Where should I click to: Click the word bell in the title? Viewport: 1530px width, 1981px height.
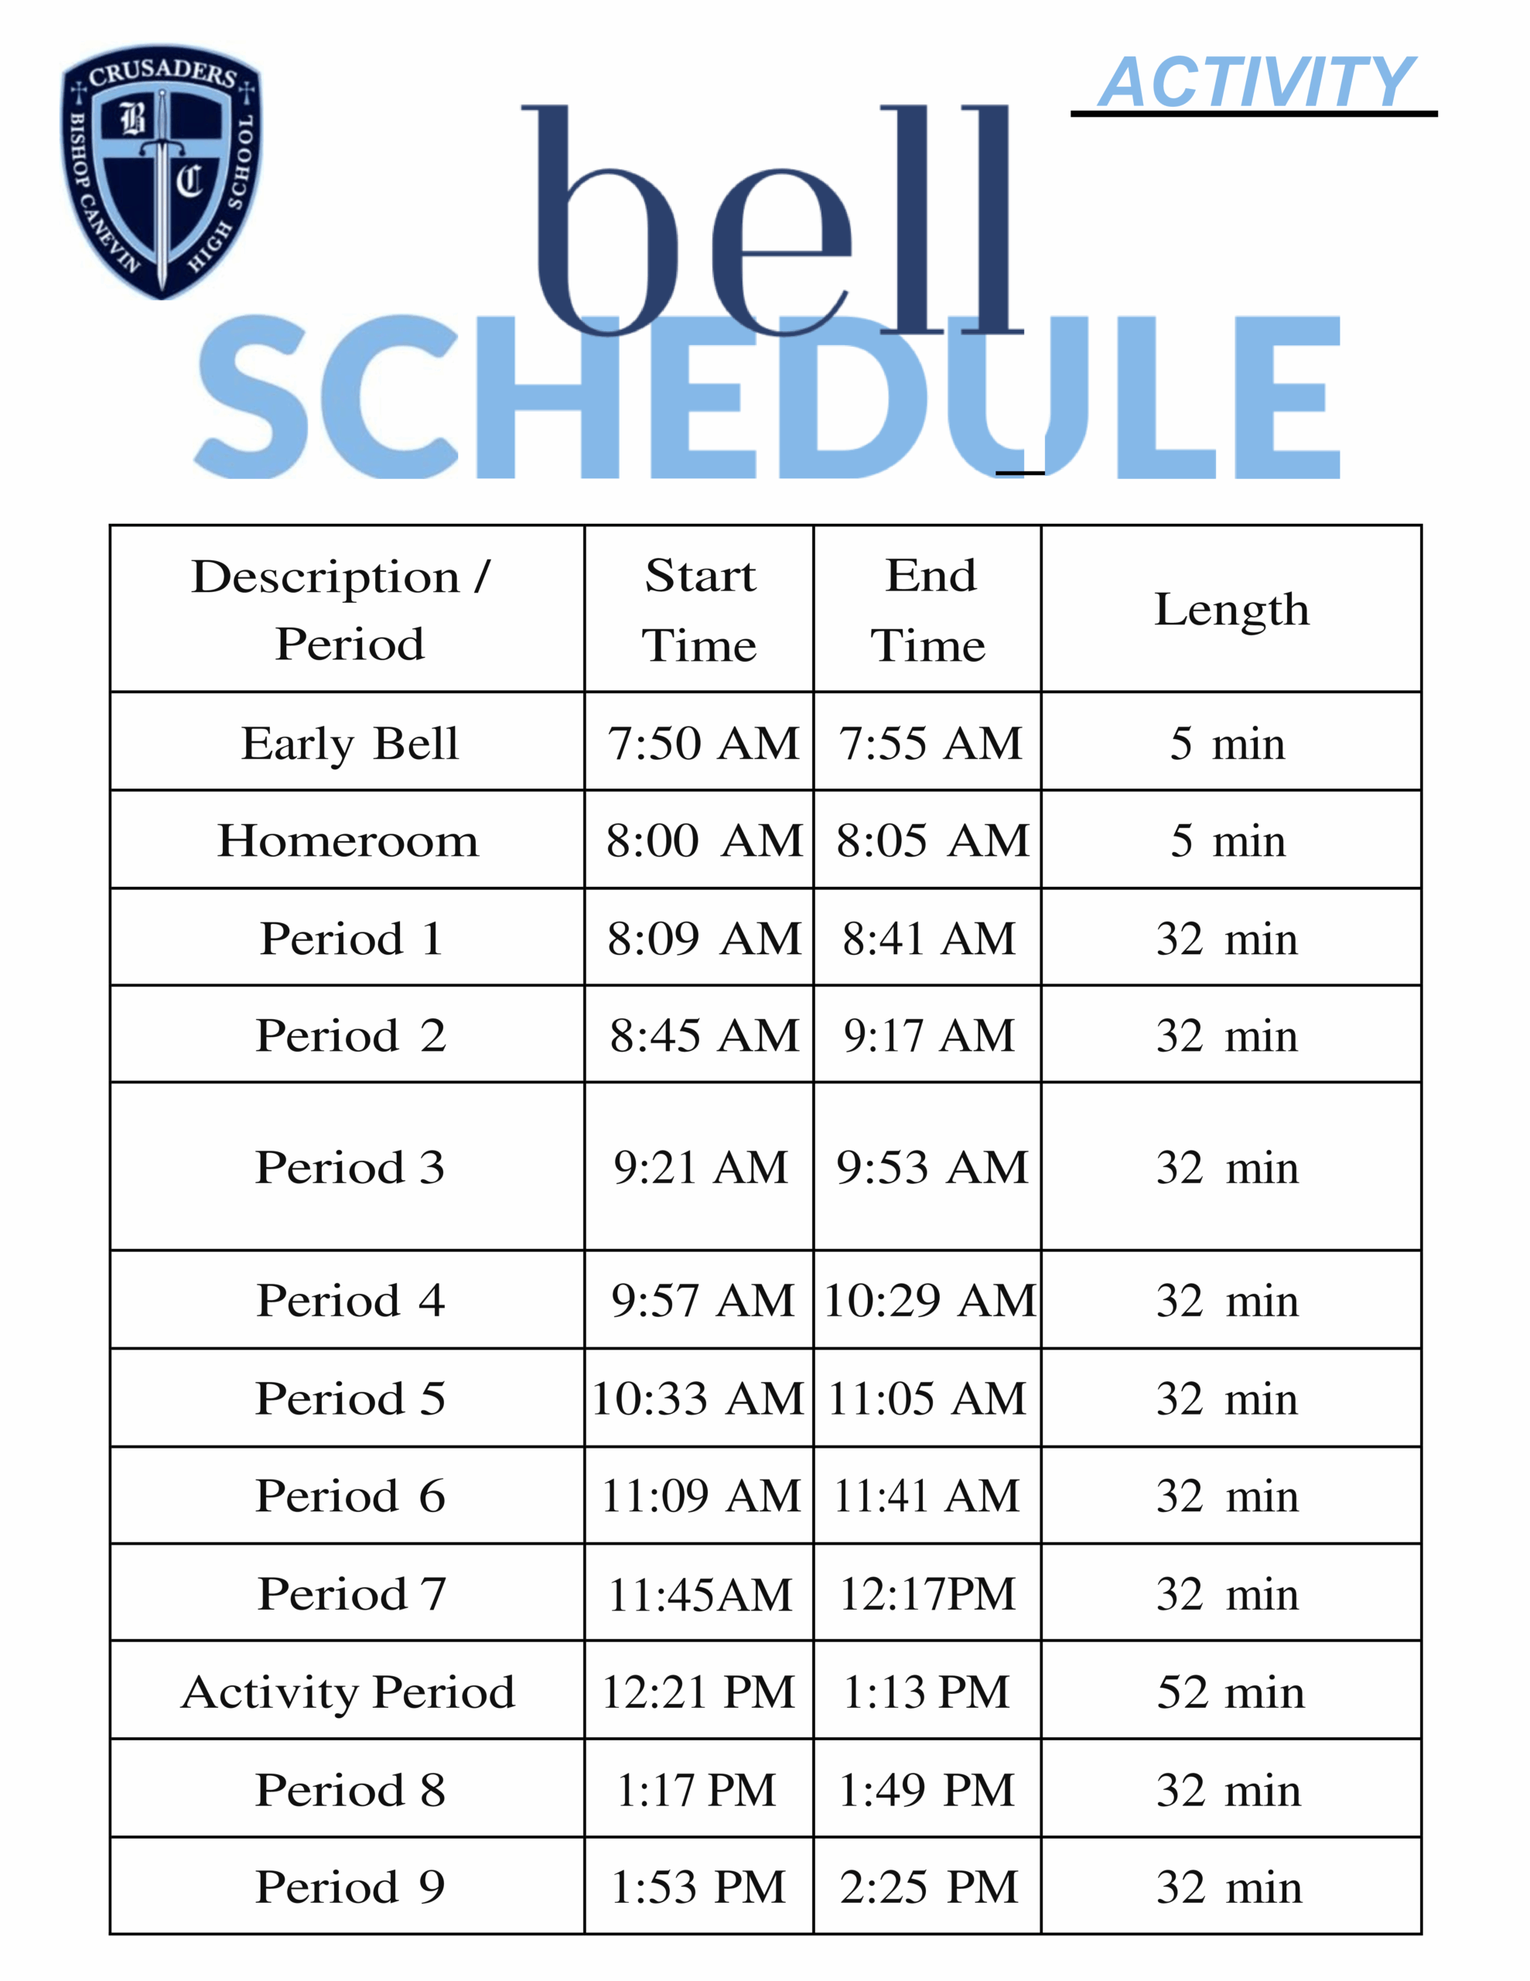(x=771, y=222)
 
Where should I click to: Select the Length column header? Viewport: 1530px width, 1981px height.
(x=1231, y=609)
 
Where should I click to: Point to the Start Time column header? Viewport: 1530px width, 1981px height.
(x=699, y=610)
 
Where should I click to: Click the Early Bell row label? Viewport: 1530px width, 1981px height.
(x=349, y=744)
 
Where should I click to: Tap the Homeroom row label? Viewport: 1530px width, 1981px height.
(x=347, y=841)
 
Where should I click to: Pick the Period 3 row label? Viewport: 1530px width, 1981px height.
(x=349, y=1168)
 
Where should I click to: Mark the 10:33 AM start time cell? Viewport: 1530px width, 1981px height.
(x=698, y=1398)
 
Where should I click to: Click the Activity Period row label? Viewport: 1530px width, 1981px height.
(x=348, y=1692)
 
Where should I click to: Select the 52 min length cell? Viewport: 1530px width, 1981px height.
(x=1231, y=1692)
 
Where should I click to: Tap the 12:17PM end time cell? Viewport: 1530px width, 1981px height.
(x=927, y=1595)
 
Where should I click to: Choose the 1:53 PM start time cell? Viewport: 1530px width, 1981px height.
(x=698, y=1887)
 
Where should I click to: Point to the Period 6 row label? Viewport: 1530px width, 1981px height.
(x=349, y=1497)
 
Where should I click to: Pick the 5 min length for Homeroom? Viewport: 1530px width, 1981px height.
(x=1228, y=841)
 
